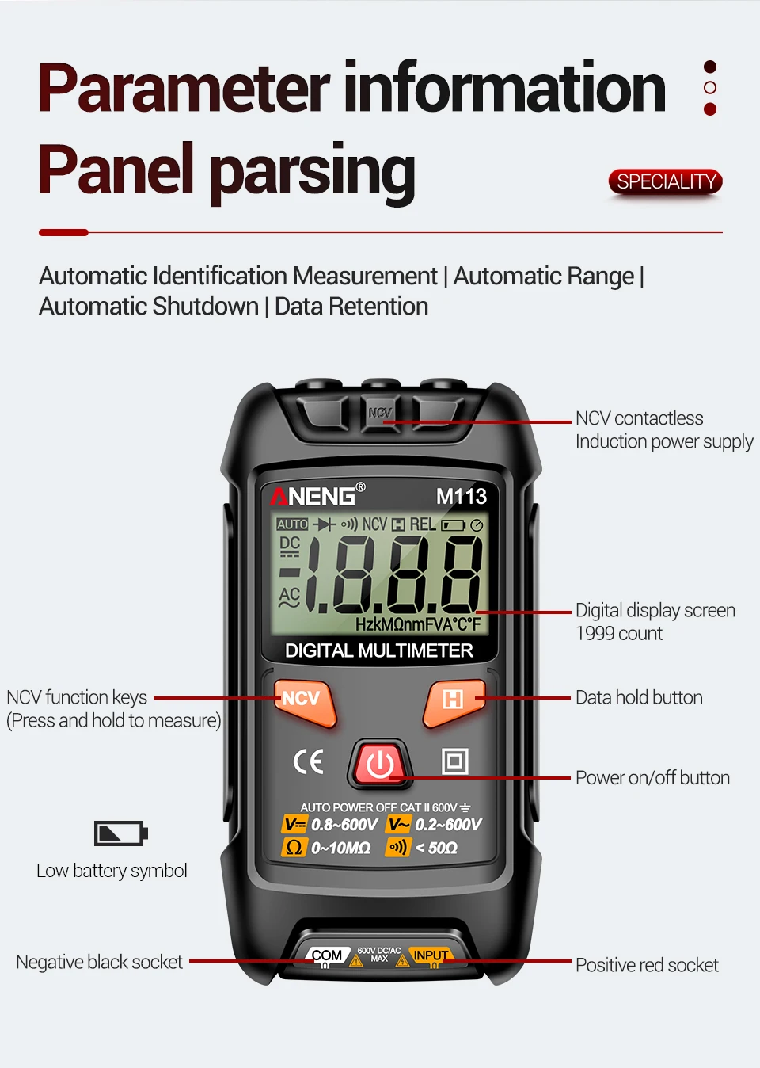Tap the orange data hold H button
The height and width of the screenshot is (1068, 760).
click(453, 700)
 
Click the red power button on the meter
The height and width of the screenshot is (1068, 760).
click(381, 765)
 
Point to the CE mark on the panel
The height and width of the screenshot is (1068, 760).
click(308, 761)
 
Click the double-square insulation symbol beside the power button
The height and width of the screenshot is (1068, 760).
click(454, 761)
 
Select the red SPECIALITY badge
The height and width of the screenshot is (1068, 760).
click(666, 182)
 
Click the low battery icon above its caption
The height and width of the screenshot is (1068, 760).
click(120, 833)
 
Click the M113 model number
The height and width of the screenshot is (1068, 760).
click(462, 497)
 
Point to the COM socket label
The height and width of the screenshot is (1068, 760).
click(327, 955)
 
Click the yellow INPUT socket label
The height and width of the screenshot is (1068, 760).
click(431, 955)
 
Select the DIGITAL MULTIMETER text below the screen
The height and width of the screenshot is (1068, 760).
click(378, 651)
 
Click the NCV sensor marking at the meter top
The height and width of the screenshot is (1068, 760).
click(380, 413)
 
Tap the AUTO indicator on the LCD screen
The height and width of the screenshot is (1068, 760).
click(292, 524)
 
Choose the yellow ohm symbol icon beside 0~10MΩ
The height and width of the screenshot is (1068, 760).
click(293, 848)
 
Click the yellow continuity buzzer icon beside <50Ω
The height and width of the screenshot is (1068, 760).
click(397, 848)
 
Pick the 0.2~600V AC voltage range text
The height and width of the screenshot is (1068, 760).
click(448, 825)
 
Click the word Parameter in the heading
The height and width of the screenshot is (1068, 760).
click(184, 88)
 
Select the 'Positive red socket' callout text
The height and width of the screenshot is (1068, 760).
click(647, 965)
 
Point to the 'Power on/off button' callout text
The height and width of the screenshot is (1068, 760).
click(652, 778)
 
